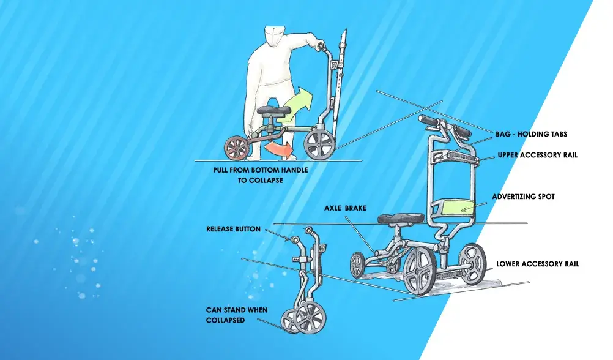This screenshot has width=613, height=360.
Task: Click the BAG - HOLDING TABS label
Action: (531, 134)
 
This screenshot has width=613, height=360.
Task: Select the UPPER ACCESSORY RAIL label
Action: (537, 155)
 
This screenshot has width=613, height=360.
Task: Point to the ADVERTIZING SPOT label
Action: (523, 197)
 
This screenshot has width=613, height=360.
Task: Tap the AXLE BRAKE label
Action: (345, 208)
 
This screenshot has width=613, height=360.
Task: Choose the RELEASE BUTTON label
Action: (233, 229)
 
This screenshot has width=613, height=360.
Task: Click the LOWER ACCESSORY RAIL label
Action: (537, 264)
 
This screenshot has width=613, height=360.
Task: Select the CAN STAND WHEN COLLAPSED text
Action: (237, 315)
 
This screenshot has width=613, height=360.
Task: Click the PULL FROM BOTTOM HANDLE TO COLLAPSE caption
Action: (261, 175)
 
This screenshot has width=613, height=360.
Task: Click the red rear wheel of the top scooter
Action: (237, 148)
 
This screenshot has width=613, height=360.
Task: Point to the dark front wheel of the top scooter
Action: (320, 144)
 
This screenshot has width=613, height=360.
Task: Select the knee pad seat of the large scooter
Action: (401, 219)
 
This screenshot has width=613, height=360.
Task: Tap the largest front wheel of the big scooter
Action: (420, 271)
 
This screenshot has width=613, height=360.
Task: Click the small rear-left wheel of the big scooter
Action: (357, 265)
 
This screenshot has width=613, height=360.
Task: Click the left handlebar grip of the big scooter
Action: (428, 120)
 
